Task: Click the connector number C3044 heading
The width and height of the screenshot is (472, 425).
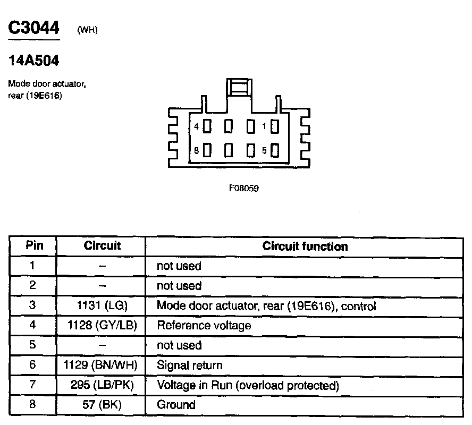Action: tap(33, 28)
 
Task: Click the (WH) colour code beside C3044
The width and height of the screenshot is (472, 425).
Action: tap(88, 30)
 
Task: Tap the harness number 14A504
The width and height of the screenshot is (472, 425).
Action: tap(33, 61)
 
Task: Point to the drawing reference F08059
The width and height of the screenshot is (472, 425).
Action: tap(244, 188)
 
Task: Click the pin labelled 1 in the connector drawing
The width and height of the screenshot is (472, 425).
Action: tap(275, 126)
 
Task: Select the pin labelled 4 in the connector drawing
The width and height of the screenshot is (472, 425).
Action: tap(207, 126)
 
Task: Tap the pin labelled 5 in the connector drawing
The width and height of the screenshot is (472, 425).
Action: tap(275, 150)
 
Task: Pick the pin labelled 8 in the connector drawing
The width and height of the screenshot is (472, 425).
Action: tap(207, 150)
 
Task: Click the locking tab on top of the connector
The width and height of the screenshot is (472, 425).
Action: tap(240, 87)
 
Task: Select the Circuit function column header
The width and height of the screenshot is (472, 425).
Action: tap(305, 246)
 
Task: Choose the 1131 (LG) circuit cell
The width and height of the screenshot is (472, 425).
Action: tap(102, 306)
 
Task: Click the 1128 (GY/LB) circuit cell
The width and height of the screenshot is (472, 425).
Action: tap(102, 326)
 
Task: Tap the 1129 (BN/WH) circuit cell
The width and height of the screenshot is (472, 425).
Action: tap(102, 365)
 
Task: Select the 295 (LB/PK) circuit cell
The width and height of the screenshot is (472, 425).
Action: tap(102, 385)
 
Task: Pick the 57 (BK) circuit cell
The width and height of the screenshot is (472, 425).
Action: tap(102, 405)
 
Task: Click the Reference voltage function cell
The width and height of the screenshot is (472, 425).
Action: tap(204, 326)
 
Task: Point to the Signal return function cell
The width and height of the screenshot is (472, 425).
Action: tap(190, 365)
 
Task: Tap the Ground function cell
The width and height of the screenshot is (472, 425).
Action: tap(176, 405)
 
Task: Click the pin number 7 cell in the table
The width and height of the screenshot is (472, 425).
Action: tap(32, 385)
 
